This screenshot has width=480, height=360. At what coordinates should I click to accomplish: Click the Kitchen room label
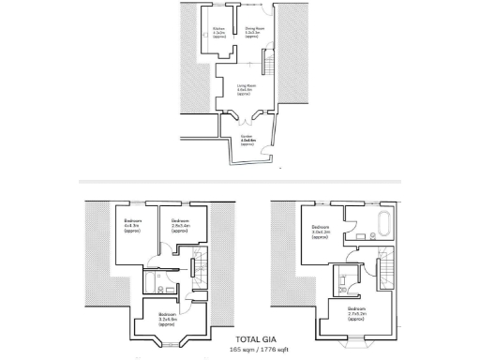pyautogui.click(x=218, y=33)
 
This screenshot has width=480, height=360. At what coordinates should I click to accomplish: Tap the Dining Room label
pyautogui.click(x=252, y=33)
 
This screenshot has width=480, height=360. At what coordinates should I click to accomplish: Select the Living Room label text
pyautogui.click(x=244, y=89)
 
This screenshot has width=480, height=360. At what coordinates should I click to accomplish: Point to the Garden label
pyautogui.click(x=247, y=141)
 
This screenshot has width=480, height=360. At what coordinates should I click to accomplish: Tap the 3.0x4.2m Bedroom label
pyautogui.click(x=320, y=231)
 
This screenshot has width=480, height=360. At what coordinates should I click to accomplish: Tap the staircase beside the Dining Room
pyautogui.click(x=265, y=66)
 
